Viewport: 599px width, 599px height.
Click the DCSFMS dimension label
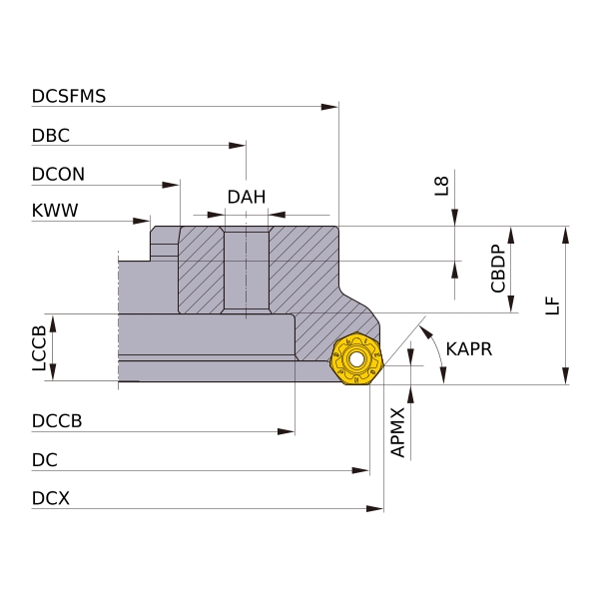(69, 97)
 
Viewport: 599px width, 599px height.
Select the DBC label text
(51, 136)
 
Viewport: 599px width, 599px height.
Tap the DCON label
(58, 174)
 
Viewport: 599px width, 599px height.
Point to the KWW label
(55, 211)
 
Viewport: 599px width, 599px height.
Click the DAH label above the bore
(247, 198)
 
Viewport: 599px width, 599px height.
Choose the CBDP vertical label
(499, 268)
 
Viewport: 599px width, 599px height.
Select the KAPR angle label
(469, 349)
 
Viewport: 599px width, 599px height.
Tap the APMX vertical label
(397, 431)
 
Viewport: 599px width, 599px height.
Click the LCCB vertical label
(39, 348)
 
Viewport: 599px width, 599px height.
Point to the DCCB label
(57, 421)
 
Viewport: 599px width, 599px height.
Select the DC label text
(45, 460)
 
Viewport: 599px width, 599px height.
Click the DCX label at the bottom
(51, 498)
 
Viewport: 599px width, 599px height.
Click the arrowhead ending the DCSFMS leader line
(332, 106)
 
